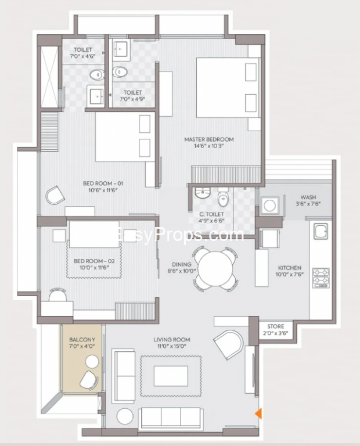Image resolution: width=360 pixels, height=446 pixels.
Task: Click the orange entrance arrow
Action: point(258,413)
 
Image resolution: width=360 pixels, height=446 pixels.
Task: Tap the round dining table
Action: point(215,269)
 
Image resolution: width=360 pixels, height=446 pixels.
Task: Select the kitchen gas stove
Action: point(321,278)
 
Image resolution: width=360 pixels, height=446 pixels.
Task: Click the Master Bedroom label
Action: point(209,139)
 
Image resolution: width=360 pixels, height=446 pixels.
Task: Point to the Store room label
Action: point(276,326)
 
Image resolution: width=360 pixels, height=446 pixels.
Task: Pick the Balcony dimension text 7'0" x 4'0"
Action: point(82,346)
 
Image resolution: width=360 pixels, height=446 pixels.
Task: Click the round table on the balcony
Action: point(92,362)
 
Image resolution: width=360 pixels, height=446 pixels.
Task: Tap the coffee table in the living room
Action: point(171,376)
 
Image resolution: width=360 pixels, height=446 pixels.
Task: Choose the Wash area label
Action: point(308,197)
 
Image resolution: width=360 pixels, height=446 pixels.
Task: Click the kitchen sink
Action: point(321,231)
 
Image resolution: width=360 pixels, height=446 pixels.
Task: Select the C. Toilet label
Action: point(211,214)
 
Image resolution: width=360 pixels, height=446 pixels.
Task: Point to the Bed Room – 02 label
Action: point(94,261)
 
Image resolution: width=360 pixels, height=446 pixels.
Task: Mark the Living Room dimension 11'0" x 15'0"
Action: point(172,346)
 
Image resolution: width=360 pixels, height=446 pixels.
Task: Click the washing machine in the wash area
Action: point(269,205)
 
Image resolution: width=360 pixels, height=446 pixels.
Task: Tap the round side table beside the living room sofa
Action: point(125,416)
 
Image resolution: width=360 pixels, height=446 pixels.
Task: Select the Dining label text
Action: point(181,264)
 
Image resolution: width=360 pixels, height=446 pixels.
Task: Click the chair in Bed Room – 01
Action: point(55,195)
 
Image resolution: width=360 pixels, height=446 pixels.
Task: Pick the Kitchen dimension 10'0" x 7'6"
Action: point(290,275)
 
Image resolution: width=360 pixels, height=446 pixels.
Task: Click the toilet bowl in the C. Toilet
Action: point(223,199)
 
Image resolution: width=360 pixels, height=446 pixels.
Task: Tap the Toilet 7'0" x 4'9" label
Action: point(132,96)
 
